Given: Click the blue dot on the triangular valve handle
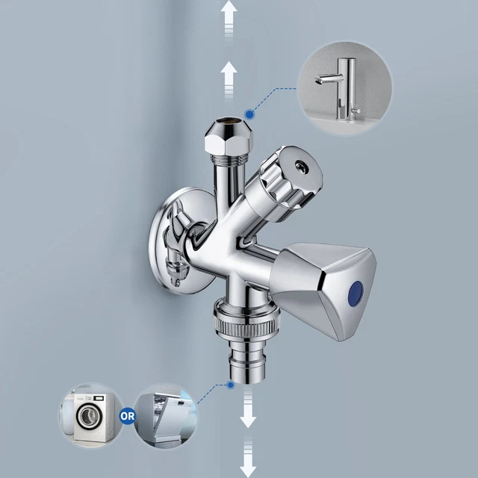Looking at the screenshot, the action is click(x=356, y=294).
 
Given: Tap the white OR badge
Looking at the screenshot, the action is click(x=128, y=416).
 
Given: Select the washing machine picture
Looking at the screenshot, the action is click(x=91, y=415).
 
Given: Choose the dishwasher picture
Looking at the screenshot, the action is click(x=166, y=415).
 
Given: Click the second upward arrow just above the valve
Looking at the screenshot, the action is click(x=229, y=81).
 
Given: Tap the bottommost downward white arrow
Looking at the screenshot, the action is click(x=248, y=457).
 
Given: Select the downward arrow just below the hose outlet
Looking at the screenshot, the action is click(x=248, y=409).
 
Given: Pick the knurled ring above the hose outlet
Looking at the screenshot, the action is click(x=246, y=323).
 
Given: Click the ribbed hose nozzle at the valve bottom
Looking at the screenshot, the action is click(x=247, y=361).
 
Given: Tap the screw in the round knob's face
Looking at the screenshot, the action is click(x=301, y=165).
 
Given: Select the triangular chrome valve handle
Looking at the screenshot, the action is click(x=323, y=291).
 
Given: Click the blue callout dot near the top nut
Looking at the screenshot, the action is click(x=249, y=114).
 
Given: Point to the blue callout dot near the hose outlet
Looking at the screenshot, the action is click(x=231, y=385).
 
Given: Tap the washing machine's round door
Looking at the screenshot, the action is click(x=88, y=416).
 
